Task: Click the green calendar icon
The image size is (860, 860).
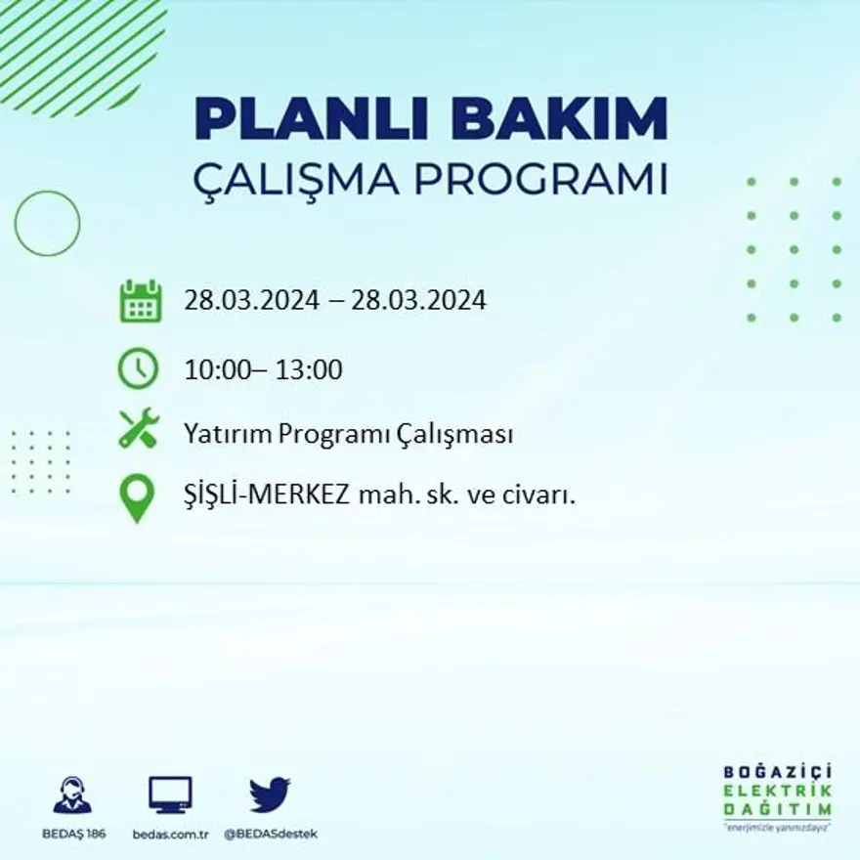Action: [140, 301]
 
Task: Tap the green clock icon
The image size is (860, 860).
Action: [138, 368]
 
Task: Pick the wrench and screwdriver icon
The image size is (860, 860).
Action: [138, 429]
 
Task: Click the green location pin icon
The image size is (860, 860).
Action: [138, 497]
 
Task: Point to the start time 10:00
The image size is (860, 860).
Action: [213, 369]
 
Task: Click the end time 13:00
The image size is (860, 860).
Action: [311, 369]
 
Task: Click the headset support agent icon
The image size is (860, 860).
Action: [72, 795]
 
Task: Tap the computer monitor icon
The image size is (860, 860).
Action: [170, 795]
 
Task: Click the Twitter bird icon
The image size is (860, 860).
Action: [270, 795]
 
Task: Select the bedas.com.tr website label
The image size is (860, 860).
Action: [170, 834]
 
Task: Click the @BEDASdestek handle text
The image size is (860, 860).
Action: [271, 834]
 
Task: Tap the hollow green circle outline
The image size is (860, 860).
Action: [47, 224]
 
